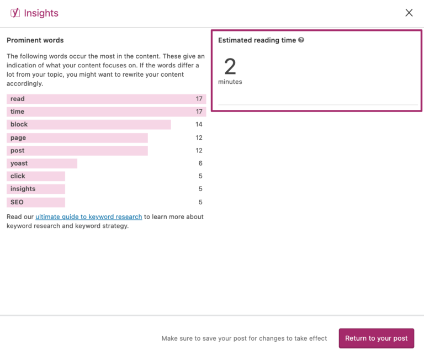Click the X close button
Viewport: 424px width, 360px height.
click(x=409, y=13)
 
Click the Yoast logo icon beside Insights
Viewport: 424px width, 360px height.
click(x=15, y=13)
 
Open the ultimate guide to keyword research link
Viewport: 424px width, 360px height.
click(x=88, y=217)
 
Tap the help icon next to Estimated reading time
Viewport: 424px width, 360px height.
click(x=301, y=40)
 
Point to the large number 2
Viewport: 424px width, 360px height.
click(x=230, y=67)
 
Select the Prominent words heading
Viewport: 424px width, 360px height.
click(x=35, y=40)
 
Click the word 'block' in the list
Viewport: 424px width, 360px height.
click(x=19, y=125)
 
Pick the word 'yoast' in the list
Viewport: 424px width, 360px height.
click(x=19, y=163)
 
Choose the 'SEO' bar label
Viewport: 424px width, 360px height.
click(x=17, y=202)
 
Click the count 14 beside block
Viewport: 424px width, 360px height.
click(x=199, y=125)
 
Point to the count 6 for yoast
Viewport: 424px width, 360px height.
click(x=200, y=163)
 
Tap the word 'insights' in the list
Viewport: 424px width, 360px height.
click(x=23, y=189)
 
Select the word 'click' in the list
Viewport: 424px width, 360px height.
click(x=18, y=176)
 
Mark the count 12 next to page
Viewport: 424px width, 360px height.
click(x=199, y=138)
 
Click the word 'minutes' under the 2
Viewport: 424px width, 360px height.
click(x=230, y=82)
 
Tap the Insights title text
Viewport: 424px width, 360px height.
click(x=41, y=13)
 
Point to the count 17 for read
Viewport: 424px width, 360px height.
click(x=199, y=99)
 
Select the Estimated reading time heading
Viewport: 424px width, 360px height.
click(x=257, y=40)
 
